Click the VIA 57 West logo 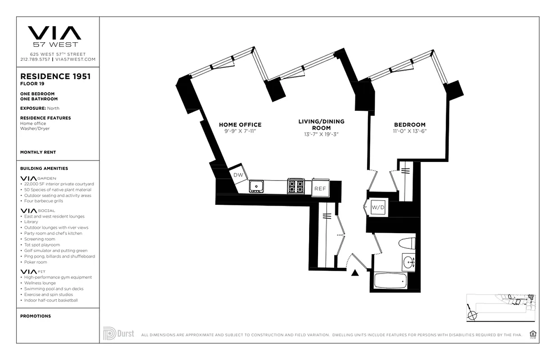55,36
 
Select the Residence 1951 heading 55,76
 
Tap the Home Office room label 240,125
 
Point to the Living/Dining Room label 321,125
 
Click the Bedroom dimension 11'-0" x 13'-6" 409,131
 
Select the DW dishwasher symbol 237,175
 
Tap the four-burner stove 296,185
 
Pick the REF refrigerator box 320,188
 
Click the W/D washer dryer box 377,208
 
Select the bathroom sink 408,261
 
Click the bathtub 390,281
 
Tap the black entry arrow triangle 355,273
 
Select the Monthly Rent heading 38,152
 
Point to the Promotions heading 36,316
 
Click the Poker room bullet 36,262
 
